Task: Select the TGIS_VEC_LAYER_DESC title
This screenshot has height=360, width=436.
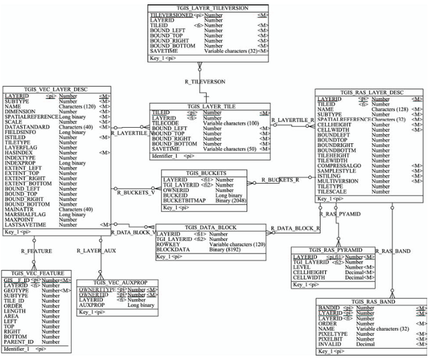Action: point(57,90)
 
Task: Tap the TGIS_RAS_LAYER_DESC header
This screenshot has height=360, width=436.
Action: point(370,93)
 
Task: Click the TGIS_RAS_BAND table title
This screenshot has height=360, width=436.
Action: point(372,301)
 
